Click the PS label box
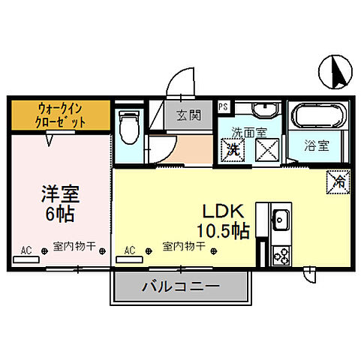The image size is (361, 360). (x=223, y=107)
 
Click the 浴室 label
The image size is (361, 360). (x=315, y=146)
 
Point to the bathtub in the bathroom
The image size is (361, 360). (x=315, y=117)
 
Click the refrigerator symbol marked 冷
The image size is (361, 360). (x=337, y=180)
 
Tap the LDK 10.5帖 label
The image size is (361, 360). (x=224, y=221)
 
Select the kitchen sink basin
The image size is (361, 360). (x=281, y=221)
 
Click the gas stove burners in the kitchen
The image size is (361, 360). (x=282, y=256)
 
